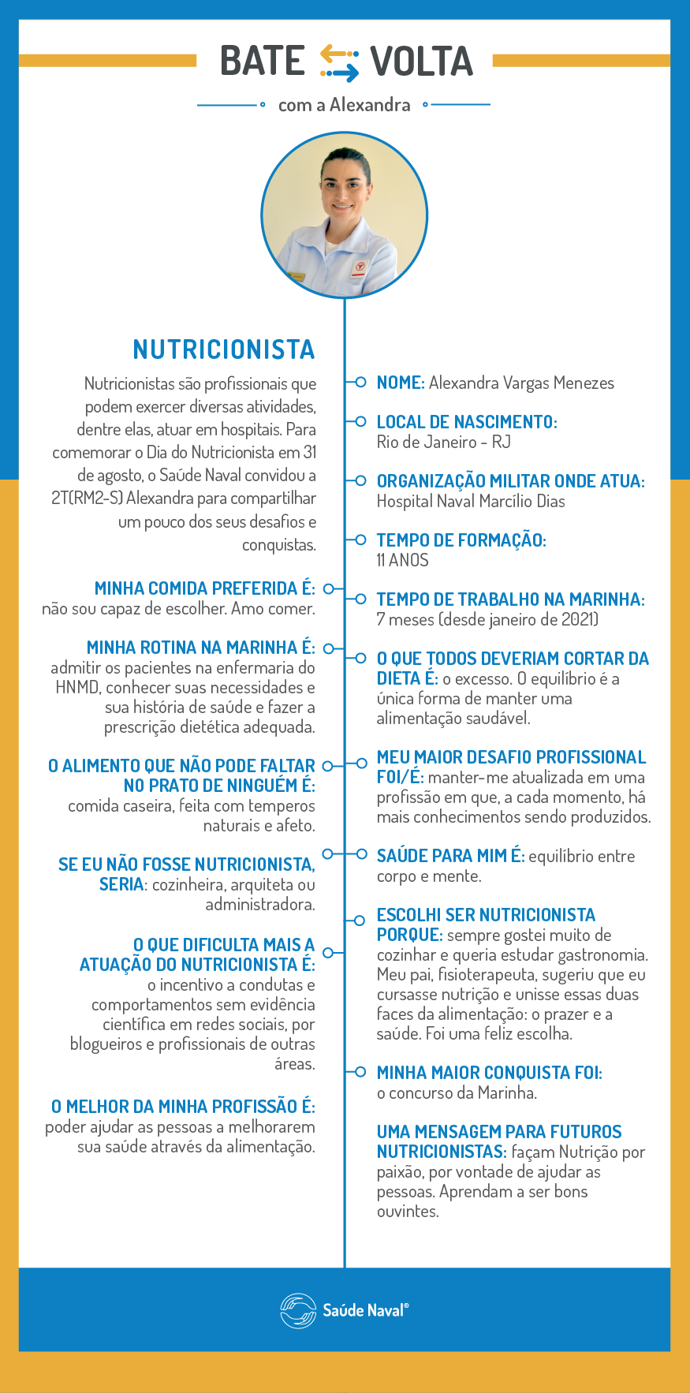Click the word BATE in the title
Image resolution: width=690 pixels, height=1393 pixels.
tap(263, 62)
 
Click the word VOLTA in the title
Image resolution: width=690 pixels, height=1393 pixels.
tap(422, 62)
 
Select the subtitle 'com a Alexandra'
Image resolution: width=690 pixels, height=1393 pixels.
tap(344, 105)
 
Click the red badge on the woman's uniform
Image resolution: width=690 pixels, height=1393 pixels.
tap(360, 267)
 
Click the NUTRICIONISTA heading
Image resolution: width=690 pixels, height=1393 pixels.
tap(224, 349)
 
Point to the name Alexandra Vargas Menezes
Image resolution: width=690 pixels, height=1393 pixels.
tap(521, 383)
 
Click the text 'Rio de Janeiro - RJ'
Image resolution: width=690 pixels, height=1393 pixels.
tap(443, 443)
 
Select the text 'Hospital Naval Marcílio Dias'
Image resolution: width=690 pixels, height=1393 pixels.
tap(471, 502)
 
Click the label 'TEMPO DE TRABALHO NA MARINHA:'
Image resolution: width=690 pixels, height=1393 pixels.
tap(510, 599)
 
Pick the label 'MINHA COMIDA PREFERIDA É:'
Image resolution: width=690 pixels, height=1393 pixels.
tap(204, 588)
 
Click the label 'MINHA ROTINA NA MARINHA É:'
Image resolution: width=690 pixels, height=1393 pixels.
tap(200, 648)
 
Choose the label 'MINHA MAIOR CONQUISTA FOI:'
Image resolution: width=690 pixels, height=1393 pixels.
tap(489, 1073)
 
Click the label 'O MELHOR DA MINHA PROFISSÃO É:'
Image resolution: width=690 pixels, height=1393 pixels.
tap(183, 1107)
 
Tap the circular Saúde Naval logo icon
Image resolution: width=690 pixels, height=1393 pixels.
tap(297, 1310)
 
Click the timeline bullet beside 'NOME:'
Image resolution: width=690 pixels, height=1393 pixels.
tap(360, 383)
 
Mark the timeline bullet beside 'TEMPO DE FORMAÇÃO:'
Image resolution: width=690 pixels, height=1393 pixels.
tap(360, 540)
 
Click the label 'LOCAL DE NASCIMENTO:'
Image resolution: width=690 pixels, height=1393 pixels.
tap(467, 422)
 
